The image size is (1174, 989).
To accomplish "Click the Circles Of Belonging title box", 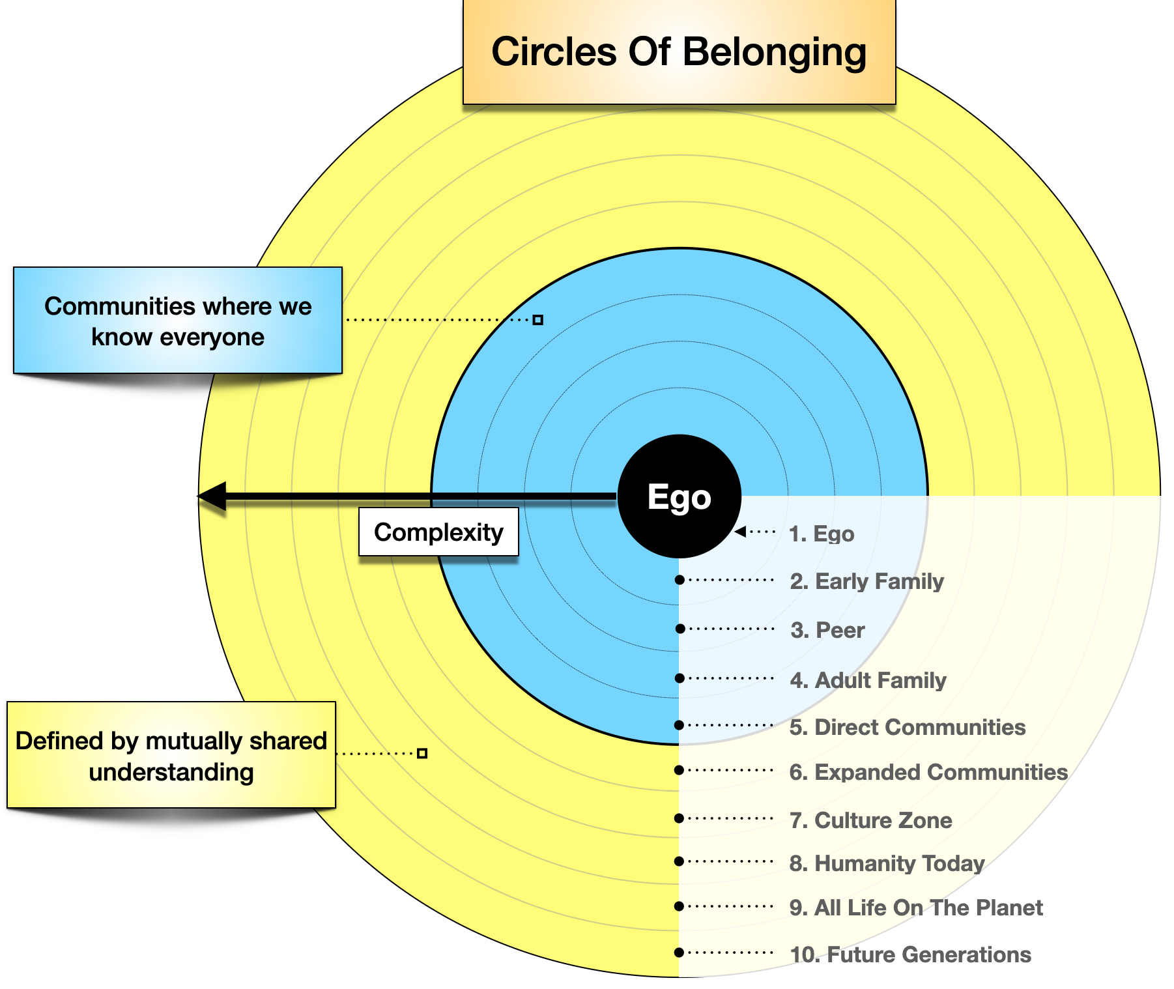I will (x=679, y=52).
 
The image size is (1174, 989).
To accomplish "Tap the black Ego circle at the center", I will (x=679, y=496).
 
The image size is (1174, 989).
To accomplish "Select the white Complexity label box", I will (x=438, y=532).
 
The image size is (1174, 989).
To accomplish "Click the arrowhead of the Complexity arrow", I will (x=212, y=496).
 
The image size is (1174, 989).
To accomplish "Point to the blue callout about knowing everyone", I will (x=177, y=321).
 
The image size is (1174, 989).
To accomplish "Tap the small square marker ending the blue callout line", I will (x=538, y=320).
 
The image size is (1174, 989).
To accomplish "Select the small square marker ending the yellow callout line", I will (x=422, y=753).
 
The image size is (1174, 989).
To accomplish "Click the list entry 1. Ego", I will (x=822, y=534).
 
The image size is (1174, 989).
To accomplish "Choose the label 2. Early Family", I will (x=866, y=581).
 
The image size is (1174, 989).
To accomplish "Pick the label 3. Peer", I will (x=827, y=630).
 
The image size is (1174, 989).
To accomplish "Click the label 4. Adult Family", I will (x=868, y=680).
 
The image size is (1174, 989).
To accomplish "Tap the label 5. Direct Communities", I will (x=908, y=727).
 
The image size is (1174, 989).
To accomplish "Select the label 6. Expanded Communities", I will (x=928, y=772).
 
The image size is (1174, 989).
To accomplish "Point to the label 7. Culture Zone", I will (x=870, y=820).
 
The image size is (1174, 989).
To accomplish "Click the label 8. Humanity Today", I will (x=887, y=863).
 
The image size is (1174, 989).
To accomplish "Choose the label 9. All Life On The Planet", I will (x=916, y=908).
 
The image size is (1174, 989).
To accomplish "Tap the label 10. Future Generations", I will (x=910, y=954).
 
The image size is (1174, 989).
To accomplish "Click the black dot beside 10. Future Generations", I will (x=679, y=953).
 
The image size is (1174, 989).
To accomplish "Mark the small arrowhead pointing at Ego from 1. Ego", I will (x=740, y=532).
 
